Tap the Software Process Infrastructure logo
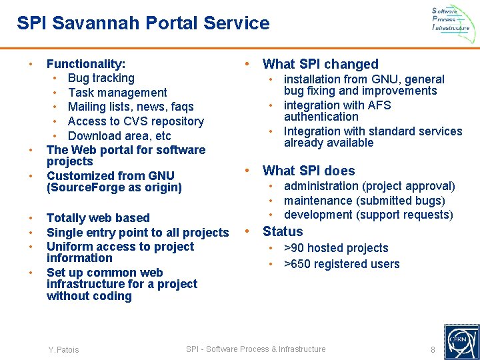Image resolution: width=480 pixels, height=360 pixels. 451,19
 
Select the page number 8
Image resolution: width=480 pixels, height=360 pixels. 433,350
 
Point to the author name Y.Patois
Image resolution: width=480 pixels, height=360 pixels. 63,350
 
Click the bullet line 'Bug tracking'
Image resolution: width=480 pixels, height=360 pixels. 101,78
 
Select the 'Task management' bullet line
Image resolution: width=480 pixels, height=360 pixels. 117,93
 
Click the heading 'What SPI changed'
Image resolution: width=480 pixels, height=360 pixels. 320,64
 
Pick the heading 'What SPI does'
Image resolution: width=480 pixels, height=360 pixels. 309,171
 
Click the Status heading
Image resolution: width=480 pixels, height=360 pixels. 283,231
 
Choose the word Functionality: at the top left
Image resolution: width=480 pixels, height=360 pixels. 86,64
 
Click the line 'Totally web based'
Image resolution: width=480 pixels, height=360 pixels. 98,218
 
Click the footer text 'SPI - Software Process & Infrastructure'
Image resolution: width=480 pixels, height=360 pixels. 256,349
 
